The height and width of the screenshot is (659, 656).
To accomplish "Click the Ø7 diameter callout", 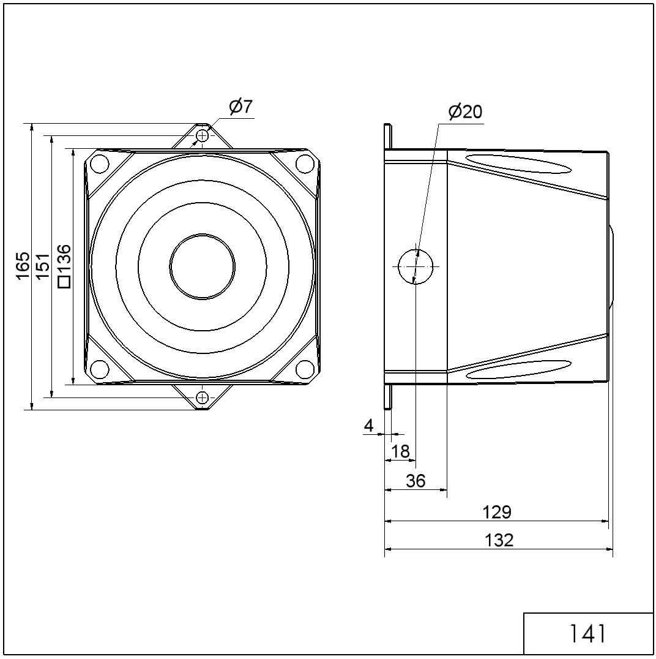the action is click(x=241, y=107).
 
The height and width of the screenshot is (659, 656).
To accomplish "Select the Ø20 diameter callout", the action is click(x=465, y=111).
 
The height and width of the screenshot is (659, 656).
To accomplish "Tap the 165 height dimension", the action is click(x=23, y=265).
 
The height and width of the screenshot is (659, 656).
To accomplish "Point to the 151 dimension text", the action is click(x=42, y=266).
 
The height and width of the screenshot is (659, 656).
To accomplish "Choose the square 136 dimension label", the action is click(x=64, y=266).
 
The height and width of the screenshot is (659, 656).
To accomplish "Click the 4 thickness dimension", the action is click(x=369, y=426).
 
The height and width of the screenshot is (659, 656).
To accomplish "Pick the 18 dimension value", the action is click(x=400, y=451).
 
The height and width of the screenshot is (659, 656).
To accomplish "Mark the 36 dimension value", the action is click(x=416, y=480).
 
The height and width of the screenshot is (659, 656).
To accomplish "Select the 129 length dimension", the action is click(x=497, y=513).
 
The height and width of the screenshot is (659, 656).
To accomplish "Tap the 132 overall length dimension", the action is click(x=499, y=540).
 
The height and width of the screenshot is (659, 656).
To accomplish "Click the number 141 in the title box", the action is click(x=587, y=633).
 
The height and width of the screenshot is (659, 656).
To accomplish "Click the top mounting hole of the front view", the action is click(x=203, y=136).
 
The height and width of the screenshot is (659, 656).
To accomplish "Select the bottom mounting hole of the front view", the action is click(x=203, y=397).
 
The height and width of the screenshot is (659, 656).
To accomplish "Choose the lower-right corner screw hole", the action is click(x=305, y=369).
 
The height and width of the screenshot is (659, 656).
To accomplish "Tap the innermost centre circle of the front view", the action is click(x=203, y=266).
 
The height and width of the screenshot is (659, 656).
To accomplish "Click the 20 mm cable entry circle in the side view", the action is click(x=416, y=266).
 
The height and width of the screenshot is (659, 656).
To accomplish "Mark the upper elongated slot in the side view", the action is click(x=519, y=164).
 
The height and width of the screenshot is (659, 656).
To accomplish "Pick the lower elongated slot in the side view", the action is click(x=519, y=369).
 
